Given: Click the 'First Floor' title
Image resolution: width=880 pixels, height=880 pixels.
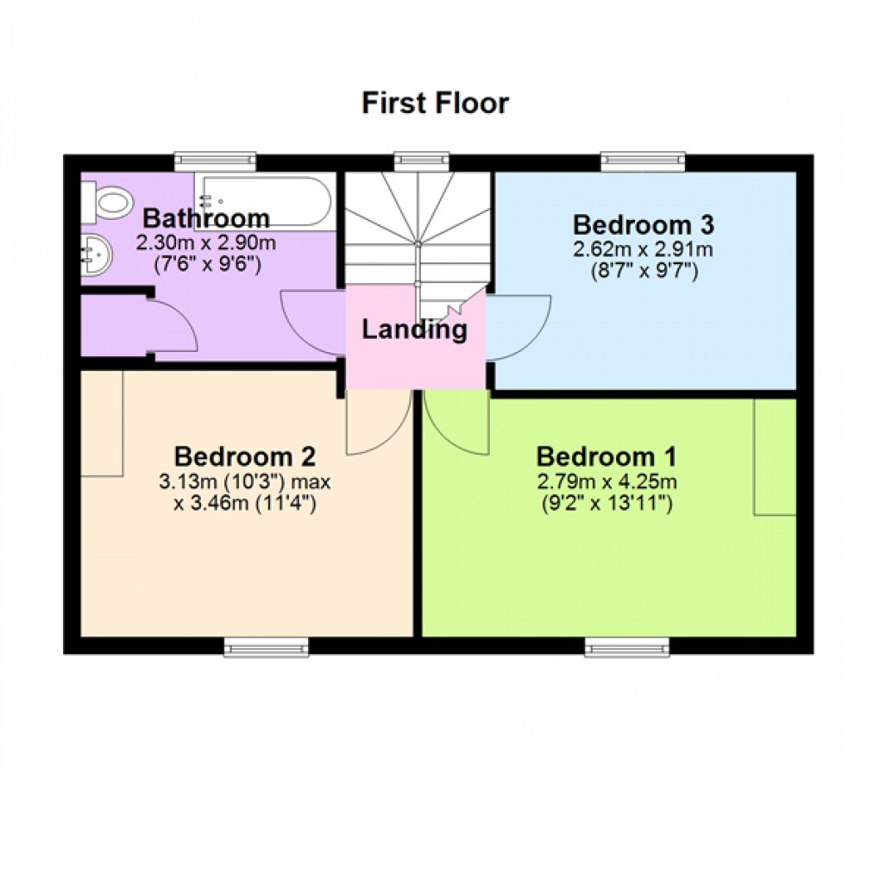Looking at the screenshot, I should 435,104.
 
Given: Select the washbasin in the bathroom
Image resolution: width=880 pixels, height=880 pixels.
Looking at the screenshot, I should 95,255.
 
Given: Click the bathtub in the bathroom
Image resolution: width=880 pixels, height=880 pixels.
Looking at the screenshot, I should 262,201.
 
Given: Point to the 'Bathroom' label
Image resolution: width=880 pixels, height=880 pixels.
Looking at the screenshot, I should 206,218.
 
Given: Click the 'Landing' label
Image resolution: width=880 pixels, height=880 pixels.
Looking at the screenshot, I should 414,329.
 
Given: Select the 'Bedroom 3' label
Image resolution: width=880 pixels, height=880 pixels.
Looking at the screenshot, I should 644,225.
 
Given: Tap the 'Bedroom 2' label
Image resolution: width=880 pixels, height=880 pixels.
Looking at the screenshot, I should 245,456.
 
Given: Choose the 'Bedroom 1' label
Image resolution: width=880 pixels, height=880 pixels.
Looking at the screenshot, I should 607,456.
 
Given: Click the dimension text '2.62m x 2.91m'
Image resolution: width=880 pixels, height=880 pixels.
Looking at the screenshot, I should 644,250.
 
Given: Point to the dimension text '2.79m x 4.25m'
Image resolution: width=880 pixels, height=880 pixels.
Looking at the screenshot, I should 607,481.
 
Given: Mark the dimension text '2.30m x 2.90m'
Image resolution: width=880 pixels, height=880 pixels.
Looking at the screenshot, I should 206,243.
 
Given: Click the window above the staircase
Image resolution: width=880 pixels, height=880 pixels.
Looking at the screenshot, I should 422,160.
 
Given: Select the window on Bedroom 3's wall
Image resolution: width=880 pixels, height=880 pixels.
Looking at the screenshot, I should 643,160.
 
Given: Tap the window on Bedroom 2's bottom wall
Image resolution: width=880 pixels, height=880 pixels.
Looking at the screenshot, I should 266,645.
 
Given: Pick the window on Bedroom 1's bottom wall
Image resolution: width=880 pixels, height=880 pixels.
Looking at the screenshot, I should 626,645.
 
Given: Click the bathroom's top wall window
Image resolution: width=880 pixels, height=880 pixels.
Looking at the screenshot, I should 215,160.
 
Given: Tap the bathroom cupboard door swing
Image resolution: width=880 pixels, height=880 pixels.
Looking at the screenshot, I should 173,326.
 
